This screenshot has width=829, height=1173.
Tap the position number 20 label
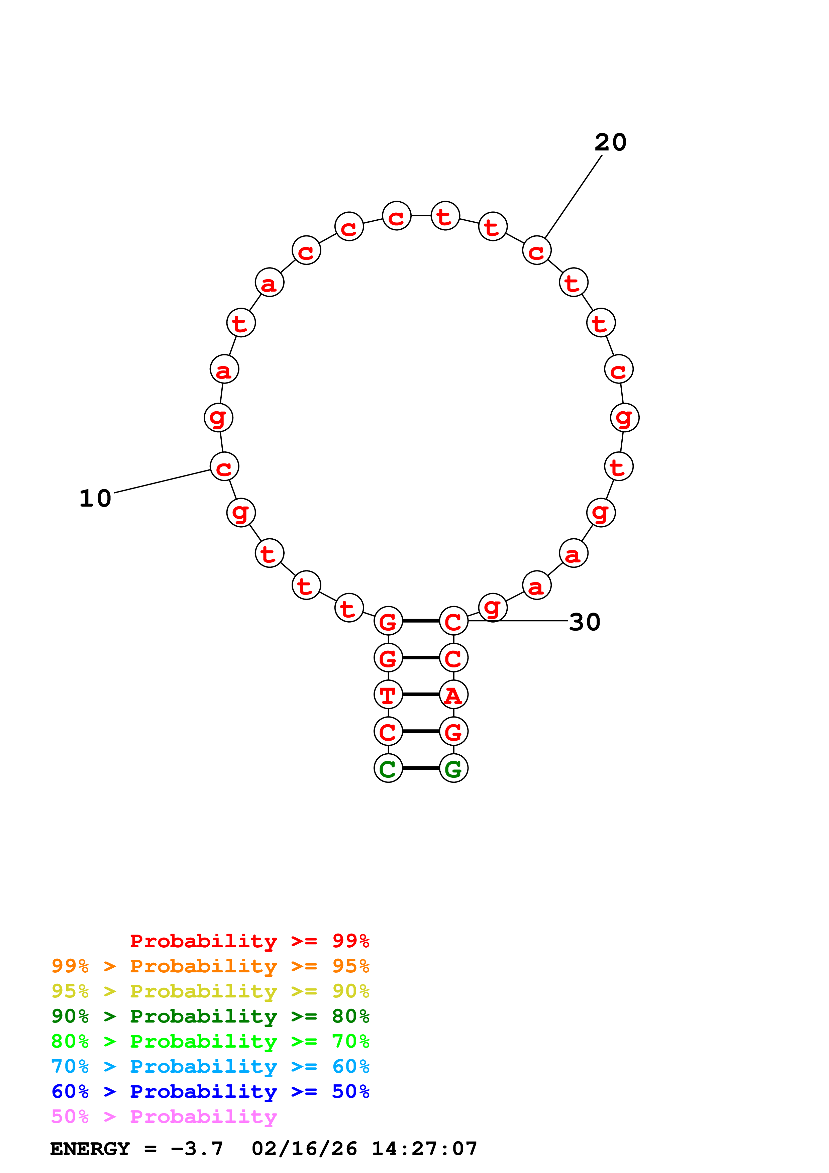click(610, 142)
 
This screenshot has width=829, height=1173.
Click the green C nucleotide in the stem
click(388, 768)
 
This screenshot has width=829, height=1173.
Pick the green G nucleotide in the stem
click(453, 768)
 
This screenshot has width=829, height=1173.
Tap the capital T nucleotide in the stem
click(388, 695)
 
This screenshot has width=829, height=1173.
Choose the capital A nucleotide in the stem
click(453, 695)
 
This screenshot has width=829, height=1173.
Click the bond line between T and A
click(421, 695)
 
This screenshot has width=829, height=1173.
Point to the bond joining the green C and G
click(421, 768)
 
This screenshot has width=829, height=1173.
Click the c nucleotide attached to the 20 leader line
click(536, 250)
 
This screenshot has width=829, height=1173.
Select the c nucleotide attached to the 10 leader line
click(224, 466)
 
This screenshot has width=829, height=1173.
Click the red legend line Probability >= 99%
click(249, 941)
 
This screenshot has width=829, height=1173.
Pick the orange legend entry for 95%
click(210, 966)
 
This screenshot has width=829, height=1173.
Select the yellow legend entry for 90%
click(210, 991)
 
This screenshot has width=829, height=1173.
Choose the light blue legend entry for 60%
click(210, 1066)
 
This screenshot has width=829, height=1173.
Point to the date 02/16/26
click(304, 1149)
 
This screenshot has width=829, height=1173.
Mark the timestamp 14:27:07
click(424, 1149)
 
